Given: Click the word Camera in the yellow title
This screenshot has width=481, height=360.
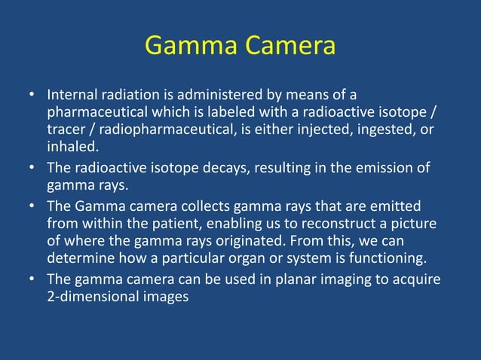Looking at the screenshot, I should pos(287,47).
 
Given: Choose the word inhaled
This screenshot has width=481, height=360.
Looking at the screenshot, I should pos(72,146).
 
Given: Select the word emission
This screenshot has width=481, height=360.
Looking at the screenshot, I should pos(384,168).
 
